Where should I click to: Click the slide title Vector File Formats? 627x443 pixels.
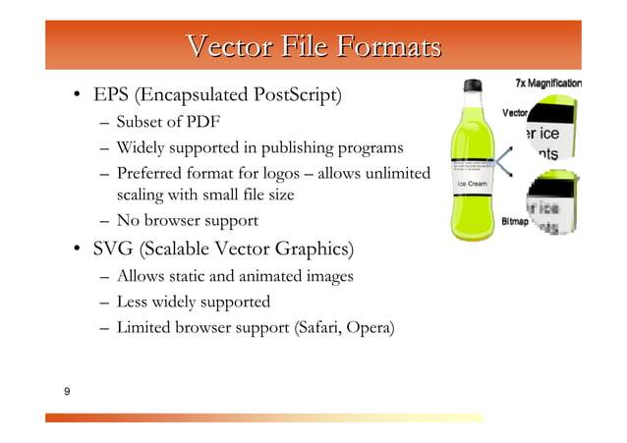pyautogui.click(x=313, y=46)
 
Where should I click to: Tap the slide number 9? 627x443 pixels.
pyautogui.click(x=66, y=393)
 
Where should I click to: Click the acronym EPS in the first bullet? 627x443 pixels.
pyautogui.click(x=110, y=96)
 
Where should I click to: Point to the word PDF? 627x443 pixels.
pyautogui.click(x=203, y=123)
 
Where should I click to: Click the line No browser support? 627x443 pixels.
pyautogui.click(x=187, y=220)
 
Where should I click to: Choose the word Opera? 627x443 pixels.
pyautogui.click(x=371, y=328)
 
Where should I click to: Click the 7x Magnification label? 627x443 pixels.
pyautogui.click(x=547, y=83)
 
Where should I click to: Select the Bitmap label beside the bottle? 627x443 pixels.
pyautogui.click(x=516, y=222)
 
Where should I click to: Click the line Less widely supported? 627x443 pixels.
pyautogui.click(x=193, y=303)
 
